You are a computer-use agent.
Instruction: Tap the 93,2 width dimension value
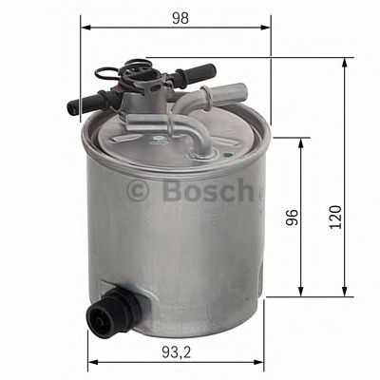tap(175, 351)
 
